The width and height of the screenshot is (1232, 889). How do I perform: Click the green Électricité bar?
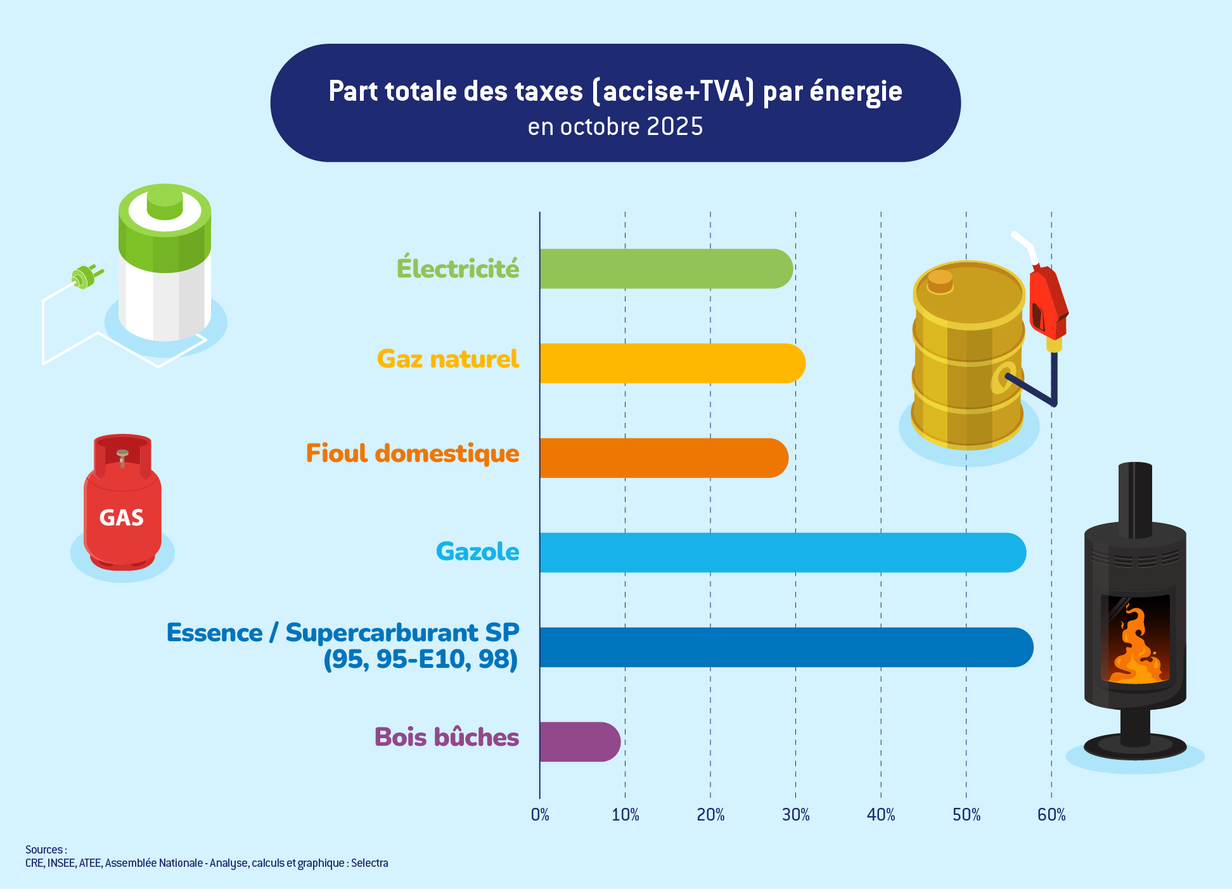coord(665,269)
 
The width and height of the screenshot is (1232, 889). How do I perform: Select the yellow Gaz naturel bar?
coord(672,363)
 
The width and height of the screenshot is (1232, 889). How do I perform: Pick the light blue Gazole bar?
coord(782,553)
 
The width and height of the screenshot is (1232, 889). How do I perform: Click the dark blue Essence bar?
coord(786,647)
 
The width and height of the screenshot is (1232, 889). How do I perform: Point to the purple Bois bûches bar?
coord(579,741)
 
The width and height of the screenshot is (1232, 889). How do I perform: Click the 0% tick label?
coord(540,815)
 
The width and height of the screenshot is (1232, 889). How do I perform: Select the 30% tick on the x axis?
coord(795,815)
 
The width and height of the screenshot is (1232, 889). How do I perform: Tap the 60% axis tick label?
coord(1051,815)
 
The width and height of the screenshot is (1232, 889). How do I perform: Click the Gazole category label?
coord(477,552)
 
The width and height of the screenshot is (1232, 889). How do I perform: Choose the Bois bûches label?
coord(446,738)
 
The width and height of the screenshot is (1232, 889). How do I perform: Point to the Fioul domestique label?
coord(412,454)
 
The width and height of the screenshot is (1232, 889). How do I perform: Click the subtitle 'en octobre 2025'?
coord(615,127)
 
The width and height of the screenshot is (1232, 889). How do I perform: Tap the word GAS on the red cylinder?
coord(122,518)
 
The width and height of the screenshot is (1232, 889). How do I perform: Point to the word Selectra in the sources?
coord(369,863)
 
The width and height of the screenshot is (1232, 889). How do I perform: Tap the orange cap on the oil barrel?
coord(940,281)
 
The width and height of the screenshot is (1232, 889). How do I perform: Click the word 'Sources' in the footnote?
coord(44,850)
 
